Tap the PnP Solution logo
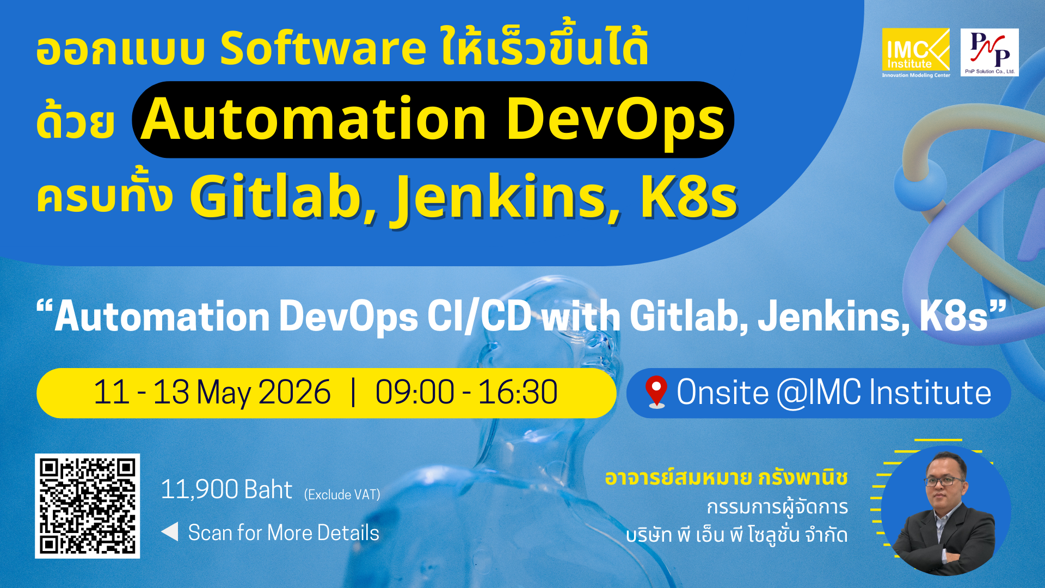[x=989, y=52]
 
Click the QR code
[x=88, y=506]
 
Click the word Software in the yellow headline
[x=322, y=48]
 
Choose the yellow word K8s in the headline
[x=688, y=197]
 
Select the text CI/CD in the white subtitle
[x=479, y=316]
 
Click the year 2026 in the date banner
[x=294, y=392]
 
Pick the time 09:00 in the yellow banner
[x=415, y=392]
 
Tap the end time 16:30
[x=518, y=392]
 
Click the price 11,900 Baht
[x=226, y=489]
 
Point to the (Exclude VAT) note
[x=342, y=494]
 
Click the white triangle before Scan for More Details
[x=170, y=532]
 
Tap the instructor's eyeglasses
[x=943, y=481]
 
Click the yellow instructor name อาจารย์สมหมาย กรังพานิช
[x=726, y=477]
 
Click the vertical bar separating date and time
[x=354, y=392]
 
